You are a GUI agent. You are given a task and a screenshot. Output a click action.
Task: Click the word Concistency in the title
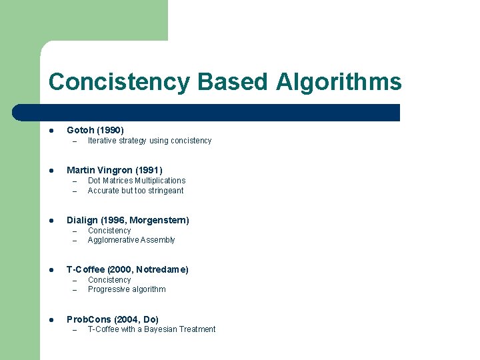(119, 82)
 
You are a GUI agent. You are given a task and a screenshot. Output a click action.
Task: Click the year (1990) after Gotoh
(111, 130)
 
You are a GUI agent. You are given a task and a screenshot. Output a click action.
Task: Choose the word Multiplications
(160, 181)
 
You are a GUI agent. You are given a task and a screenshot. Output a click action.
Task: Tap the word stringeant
(165, 191)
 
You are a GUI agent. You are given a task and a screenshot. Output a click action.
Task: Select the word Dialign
(82, 220)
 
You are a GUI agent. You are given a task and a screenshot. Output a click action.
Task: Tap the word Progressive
(109, 289)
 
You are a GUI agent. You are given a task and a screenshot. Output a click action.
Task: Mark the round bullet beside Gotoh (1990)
(51, 130)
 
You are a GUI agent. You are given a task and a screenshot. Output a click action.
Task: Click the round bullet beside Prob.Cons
(51, 319)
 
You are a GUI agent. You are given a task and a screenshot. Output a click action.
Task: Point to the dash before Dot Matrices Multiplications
(75, 181)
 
